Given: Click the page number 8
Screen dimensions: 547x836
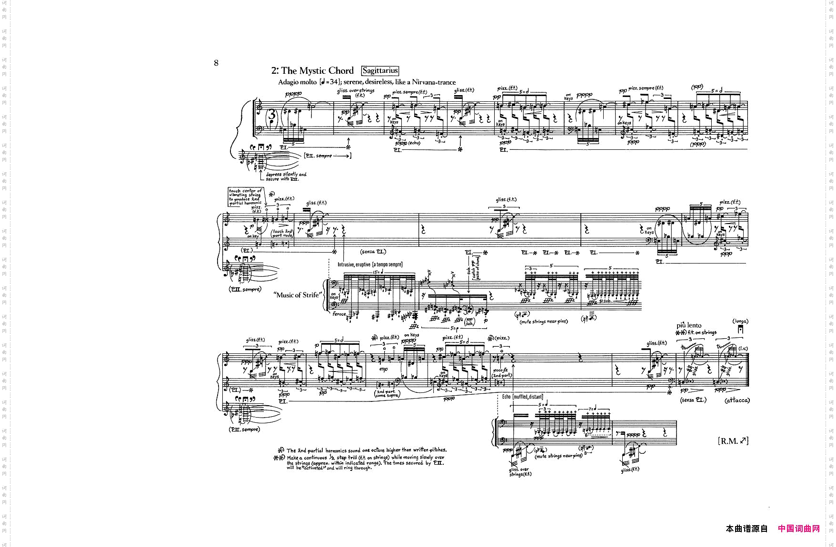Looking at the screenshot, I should click(x=216, y=63).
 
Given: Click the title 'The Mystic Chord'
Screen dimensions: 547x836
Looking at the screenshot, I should click(x=317, y=71).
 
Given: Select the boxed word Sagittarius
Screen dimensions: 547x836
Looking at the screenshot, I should click(x=380, y=71).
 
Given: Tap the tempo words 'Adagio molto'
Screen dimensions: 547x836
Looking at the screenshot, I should click(x=297, y=82).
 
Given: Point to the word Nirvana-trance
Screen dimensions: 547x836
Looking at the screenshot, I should click(x=434, y=82).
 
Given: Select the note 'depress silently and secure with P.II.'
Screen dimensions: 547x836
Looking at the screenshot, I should click(x=286, y=176).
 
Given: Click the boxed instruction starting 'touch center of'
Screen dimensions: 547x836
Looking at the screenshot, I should click(x=245, y=197).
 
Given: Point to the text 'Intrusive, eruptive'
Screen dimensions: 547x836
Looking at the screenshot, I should click(x=354, y=264).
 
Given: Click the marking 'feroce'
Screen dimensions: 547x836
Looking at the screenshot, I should click(x=339, y=314).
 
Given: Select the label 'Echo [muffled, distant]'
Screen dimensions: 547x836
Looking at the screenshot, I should click(x=522, y=397).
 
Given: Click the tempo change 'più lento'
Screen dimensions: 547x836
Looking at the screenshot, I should click(x=689, y=325).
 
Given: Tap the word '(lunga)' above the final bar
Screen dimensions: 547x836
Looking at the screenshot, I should click(x=740, y=322).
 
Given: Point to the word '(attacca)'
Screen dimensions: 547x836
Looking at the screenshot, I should click(x=737, y=400).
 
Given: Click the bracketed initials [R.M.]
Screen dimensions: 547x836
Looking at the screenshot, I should click(x=733, y=441).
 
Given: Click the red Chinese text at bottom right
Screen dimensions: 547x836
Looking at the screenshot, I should click(x=799, y=528).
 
